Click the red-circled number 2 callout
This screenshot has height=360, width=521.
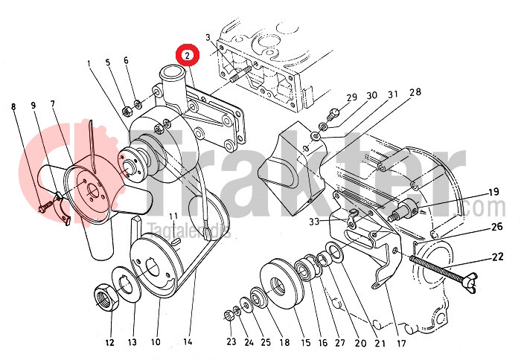[x=187, y=54]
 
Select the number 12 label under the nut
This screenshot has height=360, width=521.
[x=109, y=343]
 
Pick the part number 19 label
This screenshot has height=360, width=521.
[x=473, y=190]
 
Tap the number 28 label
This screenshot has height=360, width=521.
[x=415, y=92]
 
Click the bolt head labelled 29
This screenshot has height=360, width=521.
[x=333, y=112]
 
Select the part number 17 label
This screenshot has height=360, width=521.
[x=401, y=343]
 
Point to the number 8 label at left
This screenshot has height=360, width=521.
[x=13, y=106]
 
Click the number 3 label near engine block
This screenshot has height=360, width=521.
[x=208, y=38]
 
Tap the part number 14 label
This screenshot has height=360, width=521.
[x=188, y=343]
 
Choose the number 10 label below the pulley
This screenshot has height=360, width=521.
[x=156, y=343]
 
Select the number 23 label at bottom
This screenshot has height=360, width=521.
[x=231, y=343]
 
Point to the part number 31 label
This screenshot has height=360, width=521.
[x=392, y=94]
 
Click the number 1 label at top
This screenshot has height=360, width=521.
[x=88, y=64]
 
